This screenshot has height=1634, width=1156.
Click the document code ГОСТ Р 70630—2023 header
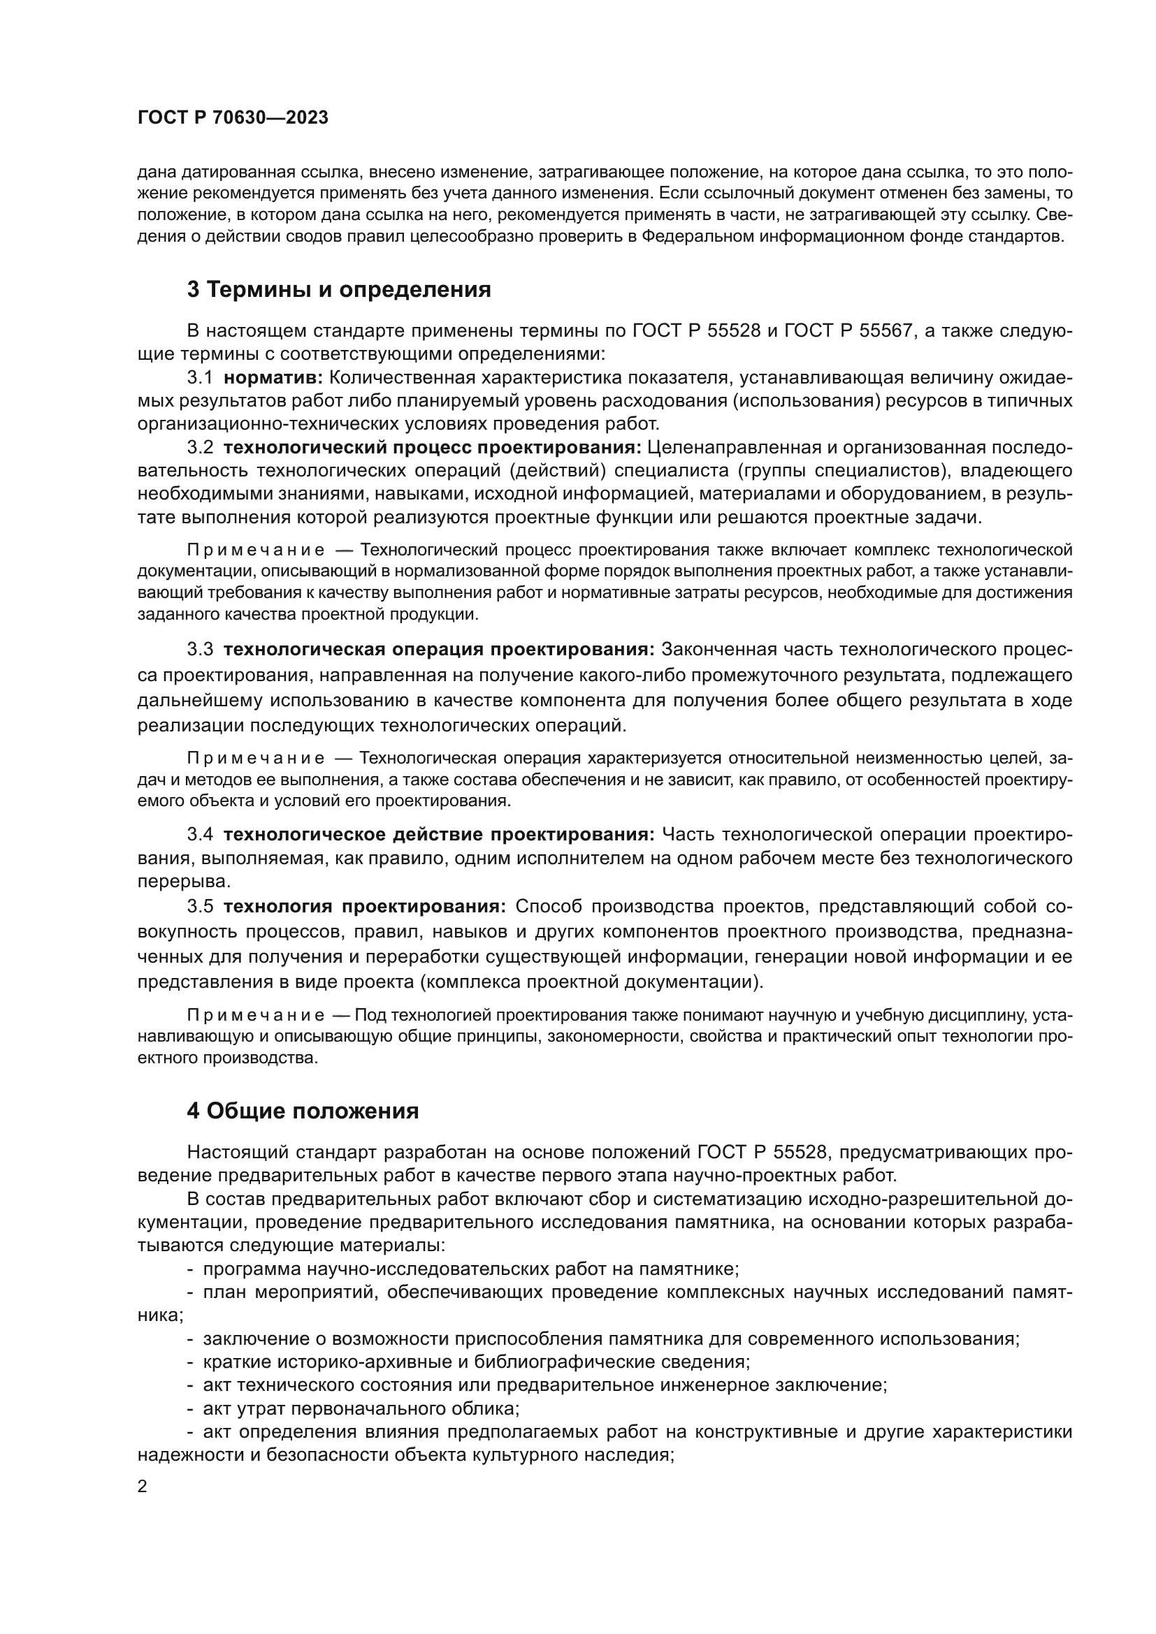point(233,118)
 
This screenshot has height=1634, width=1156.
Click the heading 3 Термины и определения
point(339,290)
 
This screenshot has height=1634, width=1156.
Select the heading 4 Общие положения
point(303,1111)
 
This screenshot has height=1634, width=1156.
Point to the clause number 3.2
point(200,447)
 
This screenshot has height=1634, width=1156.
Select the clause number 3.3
point(200,649)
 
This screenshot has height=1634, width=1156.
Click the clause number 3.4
point(200,834)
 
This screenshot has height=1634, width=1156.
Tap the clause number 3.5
point(200,906)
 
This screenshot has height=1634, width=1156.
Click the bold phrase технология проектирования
point(364,906)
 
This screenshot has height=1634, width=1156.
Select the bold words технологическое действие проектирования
point(438,834)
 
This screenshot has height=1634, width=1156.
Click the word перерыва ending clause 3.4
point(184,881)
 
